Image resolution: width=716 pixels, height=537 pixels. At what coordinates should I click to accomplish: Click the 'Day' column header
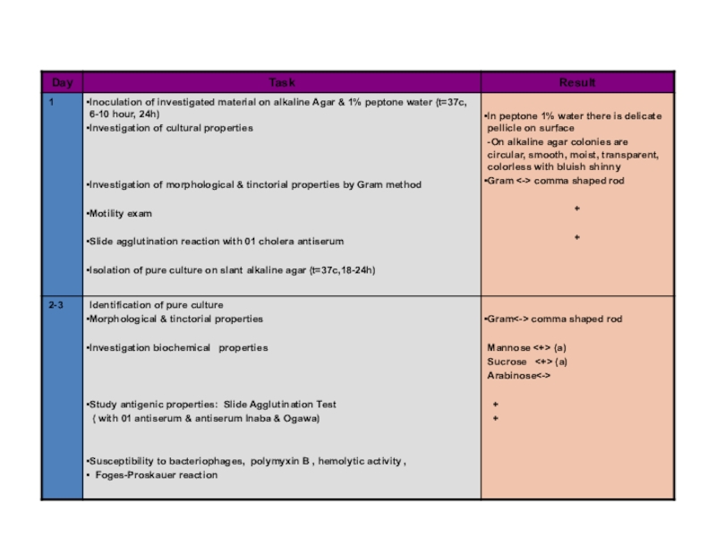pyautogui.click(x=62, y=82)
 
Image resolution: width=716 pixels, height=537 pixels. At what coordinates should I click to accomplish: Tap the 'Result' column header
pyautogui.click(x=577, y=82)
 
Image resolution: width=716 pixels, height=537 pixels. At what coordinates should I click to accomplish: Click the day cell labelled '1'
pyautogui.click(x=52, y=102)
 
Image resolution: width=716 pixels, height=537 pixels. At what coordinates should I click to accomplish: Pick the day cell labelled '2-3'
pyautogui.click(x=56, y=305)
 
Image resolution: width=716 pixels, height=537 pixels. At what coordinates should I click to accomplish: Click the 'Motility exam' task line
pyautogui.click(x=119, y=214)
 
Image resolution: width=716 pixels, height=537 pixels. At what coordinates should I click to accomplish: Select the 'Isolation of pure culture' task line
pyautogui.click(x=230, y=269)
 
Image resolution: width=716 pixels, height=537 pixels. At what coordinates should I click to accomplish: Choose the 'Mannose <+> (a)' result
pyautogui.click(x=527, y=347)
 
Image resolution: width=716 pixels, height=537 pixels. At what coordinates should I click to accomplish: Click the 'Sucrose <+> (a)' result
pyautogui.click(x=527, y=362)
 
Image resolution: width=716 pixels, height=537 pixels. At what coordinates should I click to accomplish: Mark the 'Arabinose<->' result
pyautogui.click(x=518, y=376)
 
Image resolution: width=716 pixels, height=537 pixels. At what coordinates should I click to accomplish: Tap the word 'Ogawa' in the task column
pyautogui.click(x=299, y=418)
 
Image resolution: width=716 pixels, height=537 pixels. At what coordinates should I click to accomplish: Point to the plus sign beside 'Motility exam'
pyautogui.click(x=577, y=209)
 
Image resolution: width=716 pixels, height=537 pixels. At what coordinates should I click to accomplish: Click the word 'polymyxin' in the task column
pyautogui.click(x=271, y=462)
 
